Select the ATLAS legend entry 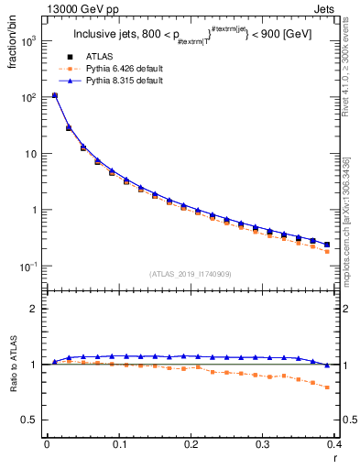point(100,57)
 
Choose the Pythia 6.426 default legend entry point(123,69)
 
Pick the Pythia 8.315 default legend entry point(123,81)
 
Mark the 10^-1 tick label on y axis point(28,267)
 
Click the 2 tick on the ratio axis point(34,309)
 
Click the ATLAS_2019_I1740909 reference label point(191,274)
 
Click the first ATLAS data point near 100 point(55,95)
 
